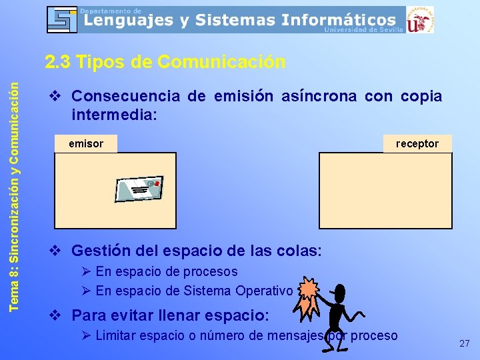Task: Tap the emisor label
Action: (x=86, y=143)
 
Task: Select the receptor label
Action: (x=417, y=143)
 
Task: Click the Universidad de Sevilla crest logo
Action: (x=420, y=20)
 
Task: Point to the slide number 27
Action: (x=465, y=343)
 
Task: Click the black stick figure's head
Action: (x=338, y=293)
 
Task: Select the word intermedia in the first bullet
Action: (x=113, y=114)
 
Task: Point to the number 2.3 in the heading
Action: (x=59, y=62)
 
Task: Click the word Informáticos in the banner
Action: (x=338, y=21)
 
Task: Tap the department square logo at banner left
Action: (x=62, y=20)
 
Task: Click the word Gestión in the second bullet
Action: (x=101, y=251)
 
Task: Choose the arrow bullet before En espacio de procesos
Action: (x=85, y=272)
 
